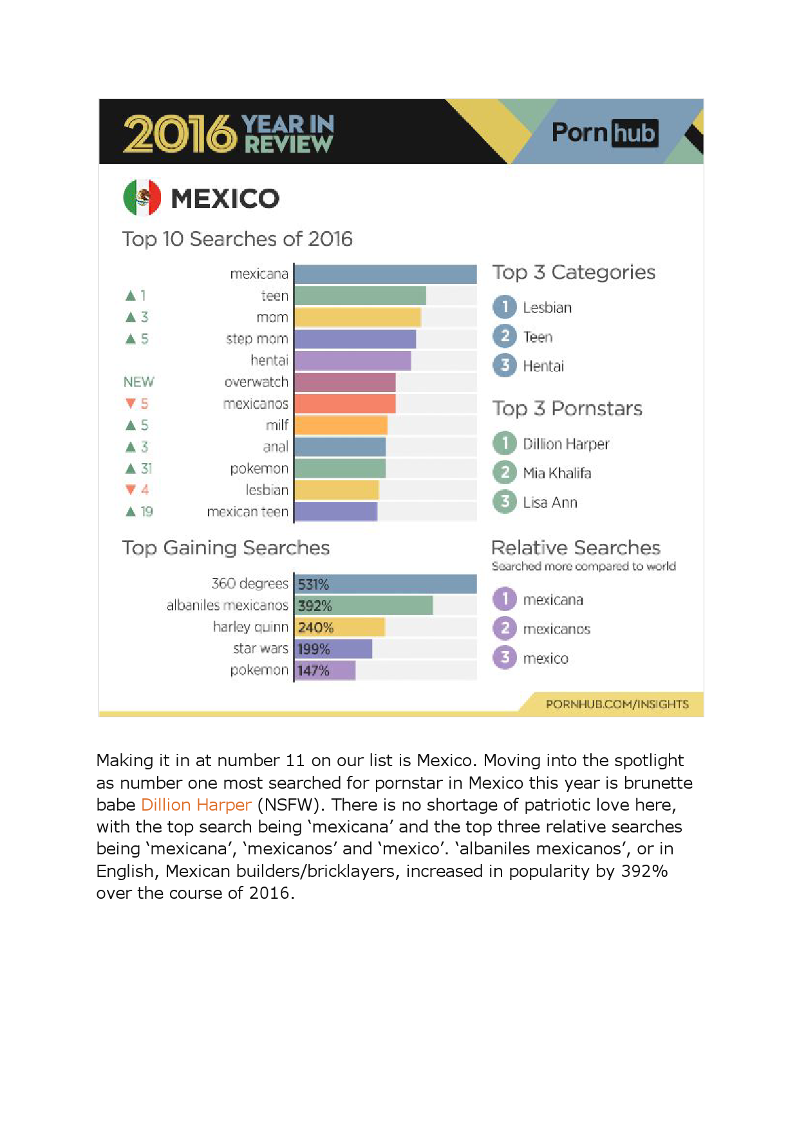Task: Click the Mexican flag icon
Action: [x=142, y=198]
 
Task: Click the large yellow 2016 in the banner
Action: [x=180, y=134]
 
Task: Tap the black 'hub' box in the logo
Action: [x=634, y=133]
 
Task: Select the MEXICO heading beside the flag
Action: [x=225, y=198]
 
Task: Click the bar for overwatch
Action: [x=345, y=382]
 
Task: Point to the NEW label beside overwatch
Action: [x=138, y=382]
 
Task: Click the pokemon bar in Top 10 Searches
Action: [x=340, y=468]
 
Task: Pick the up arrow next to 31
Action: [x=131, y=469]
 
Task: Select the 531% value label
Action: [x=314, y=585]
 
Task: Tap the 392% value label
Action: [x=315, y=606]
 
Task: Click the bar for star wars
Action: [x=333, y=649]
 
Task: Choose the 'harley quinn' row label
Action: [x=250, y=627]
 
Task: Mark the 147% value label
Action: [x=314, y=671]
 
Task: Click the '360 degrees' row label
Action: [x=250, y=584]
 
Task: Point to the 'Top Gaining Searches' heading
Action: [x=226, y=548]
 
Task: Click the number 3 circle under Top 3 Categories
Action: [x=505, y=366]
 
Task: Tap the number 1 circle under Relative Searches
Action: [x=505, y=599]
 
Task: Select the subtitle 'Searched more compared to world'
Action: [x=583, y=567]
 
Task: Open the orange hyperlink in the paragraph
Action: [x=196, y=805]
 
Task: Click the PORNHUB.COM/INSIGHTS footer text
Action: [x=617, y=704]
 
